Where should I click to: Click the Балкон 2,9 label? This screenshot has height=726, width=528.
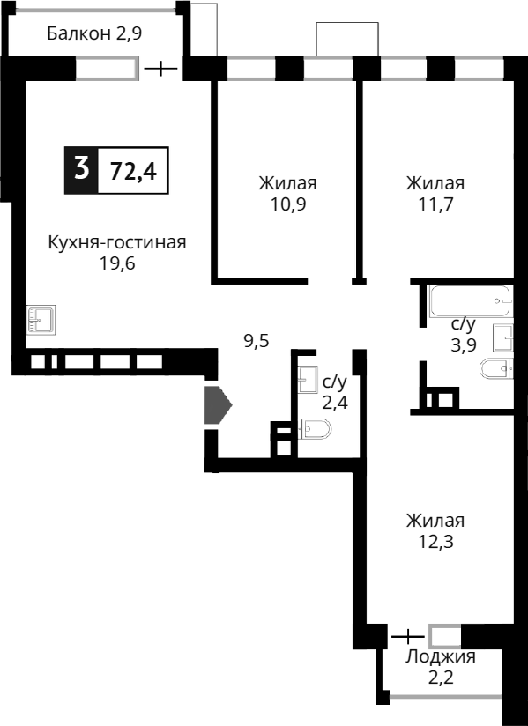click(94, 34)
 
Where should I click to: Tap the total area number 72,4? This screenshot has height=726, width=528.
click(133, 171)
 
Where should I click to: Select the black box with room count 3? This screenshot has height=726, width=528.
click(82, 169)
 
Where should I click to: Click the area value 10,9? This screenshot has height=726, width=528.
click(287, 205)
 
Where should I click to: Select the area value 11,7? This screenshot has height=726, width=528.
click(435, 205)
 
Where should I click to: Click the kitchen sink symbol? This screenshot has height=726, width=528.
click(41, 319)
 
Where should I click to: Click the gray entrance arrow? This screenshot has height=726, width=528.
click(217, 405)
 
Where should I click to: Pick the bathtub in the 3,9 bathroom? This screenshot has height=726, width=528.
click(469, 301)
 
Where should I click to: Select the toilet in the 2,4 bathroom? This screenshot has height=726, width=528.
click(316, 429)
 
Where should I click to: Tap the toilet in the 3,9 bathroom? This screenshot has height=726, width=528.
click(495, 370)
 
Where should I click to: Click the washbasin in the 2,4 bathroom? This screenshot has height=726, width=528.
click(308, 380)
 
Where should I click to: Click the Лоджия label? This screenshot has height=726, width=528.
click(440, 656)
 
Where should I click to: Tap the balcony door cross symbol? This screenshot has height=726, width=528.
click(160, 68)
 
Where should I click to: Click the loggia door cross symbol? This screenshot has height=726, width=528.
click(407, 635)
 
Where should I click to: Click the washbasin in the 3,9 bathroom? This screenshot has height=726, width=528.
click(502, 337)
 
